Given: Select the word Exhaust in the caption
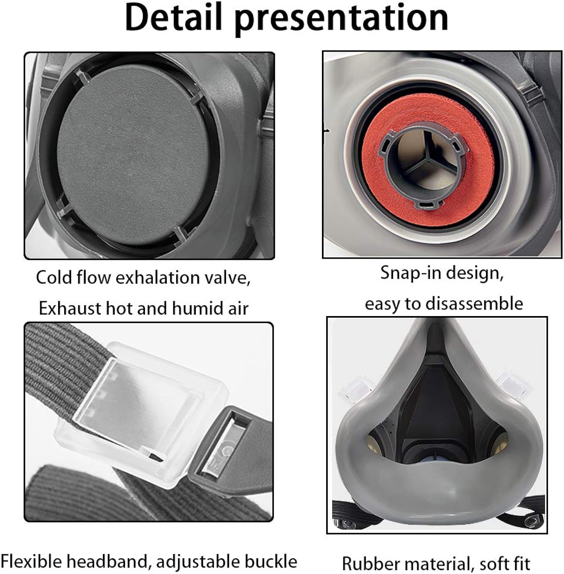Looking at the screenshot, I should tap(70, 308).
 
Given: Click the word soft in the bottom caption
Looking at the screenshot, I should tap(492, 563).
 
